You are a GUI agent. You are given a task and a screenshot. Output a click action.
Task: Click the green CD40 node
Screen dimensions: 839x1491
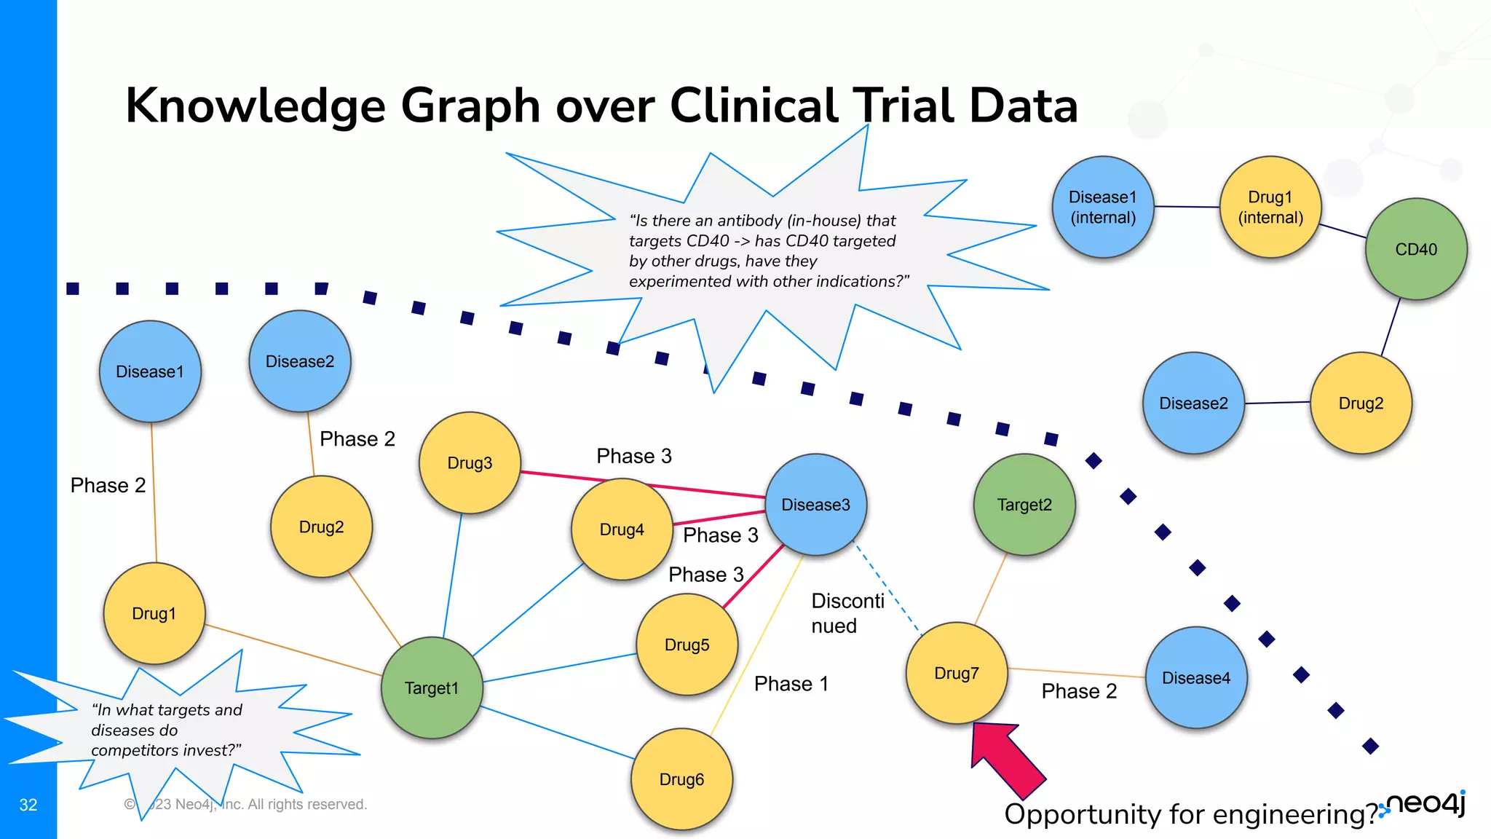coord(1416,249)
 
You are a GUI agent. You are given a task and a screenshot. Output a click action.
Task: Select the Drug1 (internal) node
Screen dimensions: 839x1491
coord(1270,207)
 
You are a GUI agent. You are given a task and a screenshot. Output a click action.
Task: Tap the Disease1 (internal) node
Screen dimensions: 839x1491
coord(1103,207)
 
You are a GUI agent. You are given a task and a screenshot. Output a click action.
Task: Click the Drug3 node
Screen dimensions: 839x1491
coord(470,462)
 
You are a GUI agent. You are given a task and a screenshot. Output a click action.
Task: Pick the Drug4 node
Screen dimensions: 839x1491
coord(622,529)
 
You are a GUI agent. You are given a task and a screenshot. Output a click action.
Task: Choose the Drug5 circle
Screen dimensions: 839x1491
coord(687,645)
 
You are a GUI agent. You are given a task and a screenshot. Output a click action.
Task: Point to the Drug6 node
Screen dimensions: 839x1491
coord(681,779)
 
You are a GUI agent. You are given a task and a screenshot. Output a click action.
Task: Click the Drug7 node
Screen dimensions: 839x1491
coord(957,673)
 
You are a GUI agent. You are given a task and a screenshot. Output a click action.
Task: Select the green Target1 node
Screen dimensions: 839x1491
coord(432,688)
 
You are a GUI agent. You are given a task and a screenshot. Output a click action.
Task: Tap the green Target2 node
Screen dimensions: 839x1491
coord(1024,505)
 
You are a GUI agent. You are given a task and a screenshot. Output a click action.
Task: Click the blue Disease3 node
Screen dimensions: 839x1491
coord(815,505)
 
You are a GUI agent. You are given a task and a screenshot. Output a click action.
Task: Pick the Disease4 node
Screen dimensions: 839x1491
coord(1196,677)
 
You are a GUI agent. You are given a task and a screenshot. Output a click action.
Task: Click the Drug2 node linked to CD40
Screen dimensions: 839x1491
coord(1361,403)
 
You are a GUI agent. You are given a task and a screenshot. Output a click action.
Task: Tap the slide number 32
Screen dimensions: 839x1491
coord(28,805)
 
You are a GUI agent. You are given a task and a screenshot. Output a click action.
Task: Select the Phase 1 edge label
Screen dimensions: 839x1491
coord(791,684)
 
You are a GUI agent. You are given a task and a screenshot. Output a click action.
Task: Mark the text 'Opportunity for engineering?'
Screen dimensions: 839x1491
coord(1190,814)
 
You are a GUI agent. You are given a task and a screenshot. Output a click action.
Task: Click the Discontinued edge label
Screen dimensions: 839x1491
coord(847,613)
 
